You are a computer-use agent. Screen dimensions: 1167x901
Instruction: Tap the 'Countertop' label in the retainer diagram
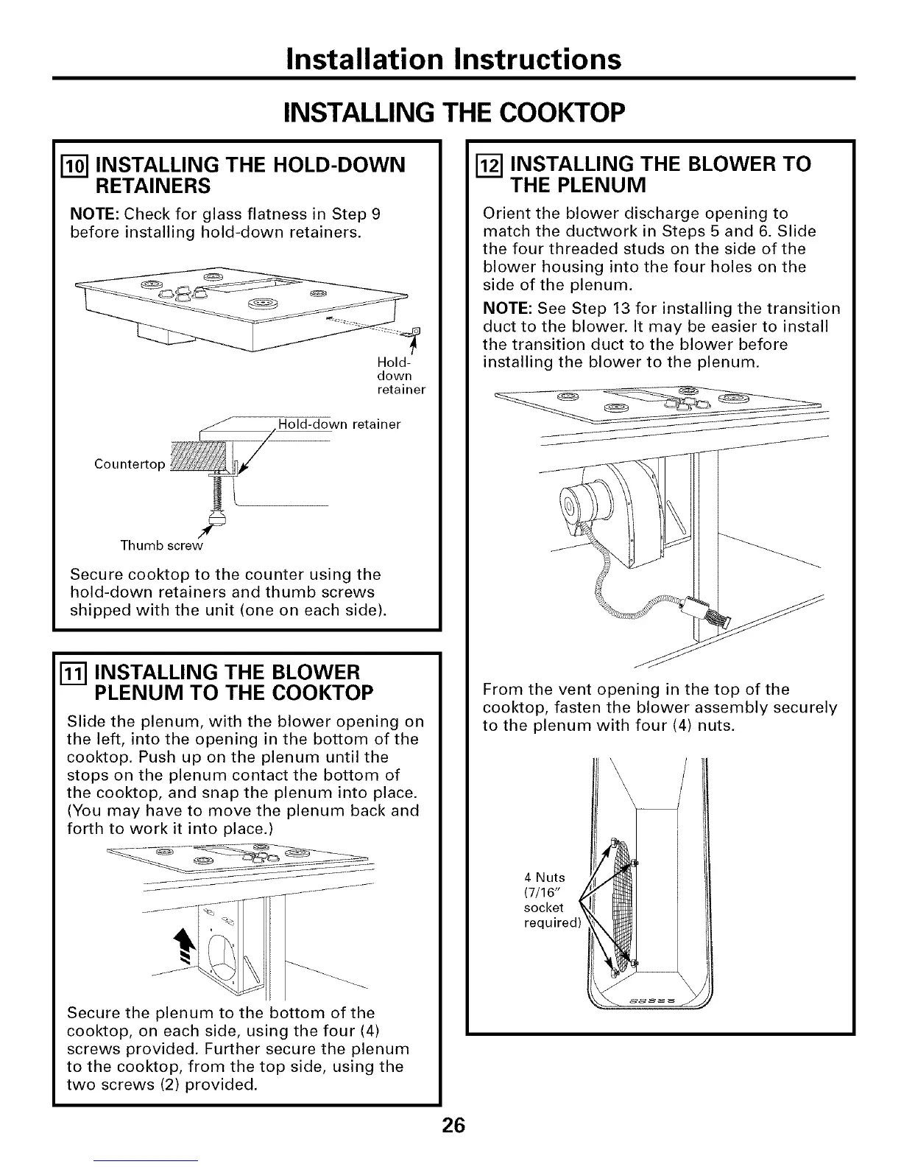pyautogui.click(x=130, y=464)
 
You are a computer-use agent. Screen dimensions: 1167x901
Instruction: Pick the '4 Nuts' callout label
pyautogui.click(x=545, y=877)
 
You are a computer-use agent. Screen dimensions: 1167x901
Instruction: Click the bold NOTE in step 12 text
pyautogui.click(x=508, y=308)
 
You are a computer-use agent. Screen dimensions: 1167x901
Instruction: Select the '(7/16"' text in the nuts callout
pyautogui.click(x=545, y=893)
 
